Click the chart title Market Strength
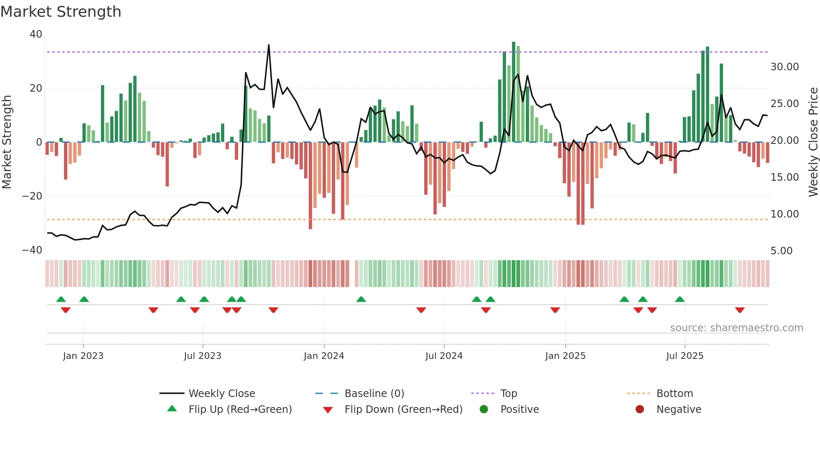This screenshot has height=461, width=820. click(x=61, y=12)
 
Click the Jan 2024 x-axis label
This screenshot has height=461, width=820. click(x=324, y=356)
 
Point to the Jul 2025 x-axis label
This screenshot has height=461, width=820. click(x=685, y=356)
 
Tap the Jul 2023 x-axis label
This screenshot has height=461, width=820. click(x=202, y=356)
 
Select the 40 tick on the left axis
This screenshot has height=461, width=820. click(x=36, y=34)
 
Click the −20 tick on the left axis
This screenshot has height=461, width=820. click(x=32, y=196)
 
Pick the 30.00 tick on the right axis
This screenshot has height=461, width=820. click(x=784, y=67)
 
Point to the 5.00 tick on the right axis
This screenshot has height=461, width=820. click(x=782, y=251)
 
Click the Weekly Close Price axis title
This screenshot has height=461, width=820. click(x=813, y=142)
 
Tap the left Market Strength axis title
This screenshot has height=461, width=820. click(x=7, y=142)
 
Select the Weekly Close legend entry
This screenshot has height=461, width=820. click(x=221, y=394)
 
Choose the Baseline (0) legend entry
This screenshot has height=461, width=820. click(x=374, y=394)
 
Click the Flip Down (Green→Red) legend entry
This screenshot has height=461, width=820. click(x=403, y=410)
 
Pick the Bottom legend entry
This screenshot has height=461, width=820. click(x=674, y=394)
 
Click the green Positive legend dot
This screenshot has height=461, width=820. click(x=484, y=410)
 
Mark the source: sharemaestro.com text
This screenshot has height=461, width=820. click(x=736, y=328)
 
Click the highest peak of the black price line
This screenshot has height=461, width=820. click(x=269, y=45)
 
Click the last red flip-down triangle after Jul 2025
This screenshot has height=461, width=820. click(x=740, y=310)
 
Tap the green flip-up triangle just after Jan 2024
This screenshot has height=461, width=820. click(x=361, y=299)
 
